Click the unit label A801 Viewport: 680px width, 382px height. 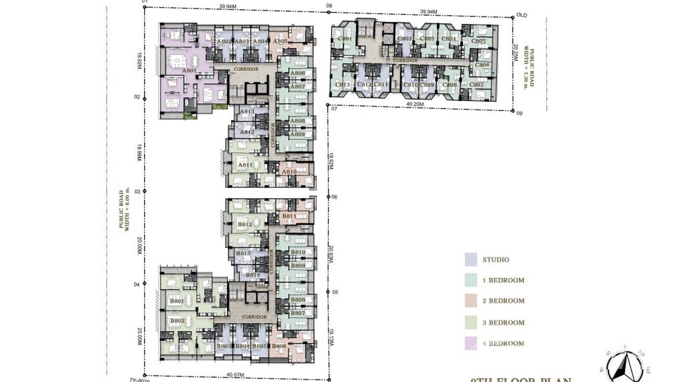[x=188, y=71]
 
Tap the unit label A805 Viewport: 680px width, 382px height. [x=280, y=42]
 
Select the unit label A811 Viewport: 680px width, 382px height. [x=245, y=165]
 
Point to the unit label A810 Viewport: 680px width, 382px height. [x=289, y=172]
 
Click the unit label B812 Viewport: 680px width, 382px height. [x=245, y=224]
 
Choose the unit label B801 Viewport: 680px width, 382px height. [x=176, y=301]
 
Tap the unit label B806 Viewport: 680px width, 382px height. [x=279, y=346]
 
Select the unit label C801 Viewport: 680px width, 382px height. [x=345, y=39]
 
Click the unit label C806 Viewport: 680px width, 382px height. [x=482, y=65]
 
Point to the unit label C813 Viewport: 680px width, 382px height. [x=343, y=85]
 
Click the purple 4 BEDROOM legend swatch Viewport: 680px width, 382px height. [x=471, y=343]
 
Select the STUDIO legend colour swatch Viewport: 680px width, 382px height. [x=471, y=259]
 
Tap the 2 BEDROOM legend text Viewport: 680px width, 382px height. [x=503, y=301]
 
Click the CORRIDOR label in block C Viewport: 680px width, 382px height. [x=405, y=60]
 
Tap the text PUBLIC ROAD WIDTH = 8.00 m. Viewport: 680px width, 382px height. [x=125, y=209]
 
